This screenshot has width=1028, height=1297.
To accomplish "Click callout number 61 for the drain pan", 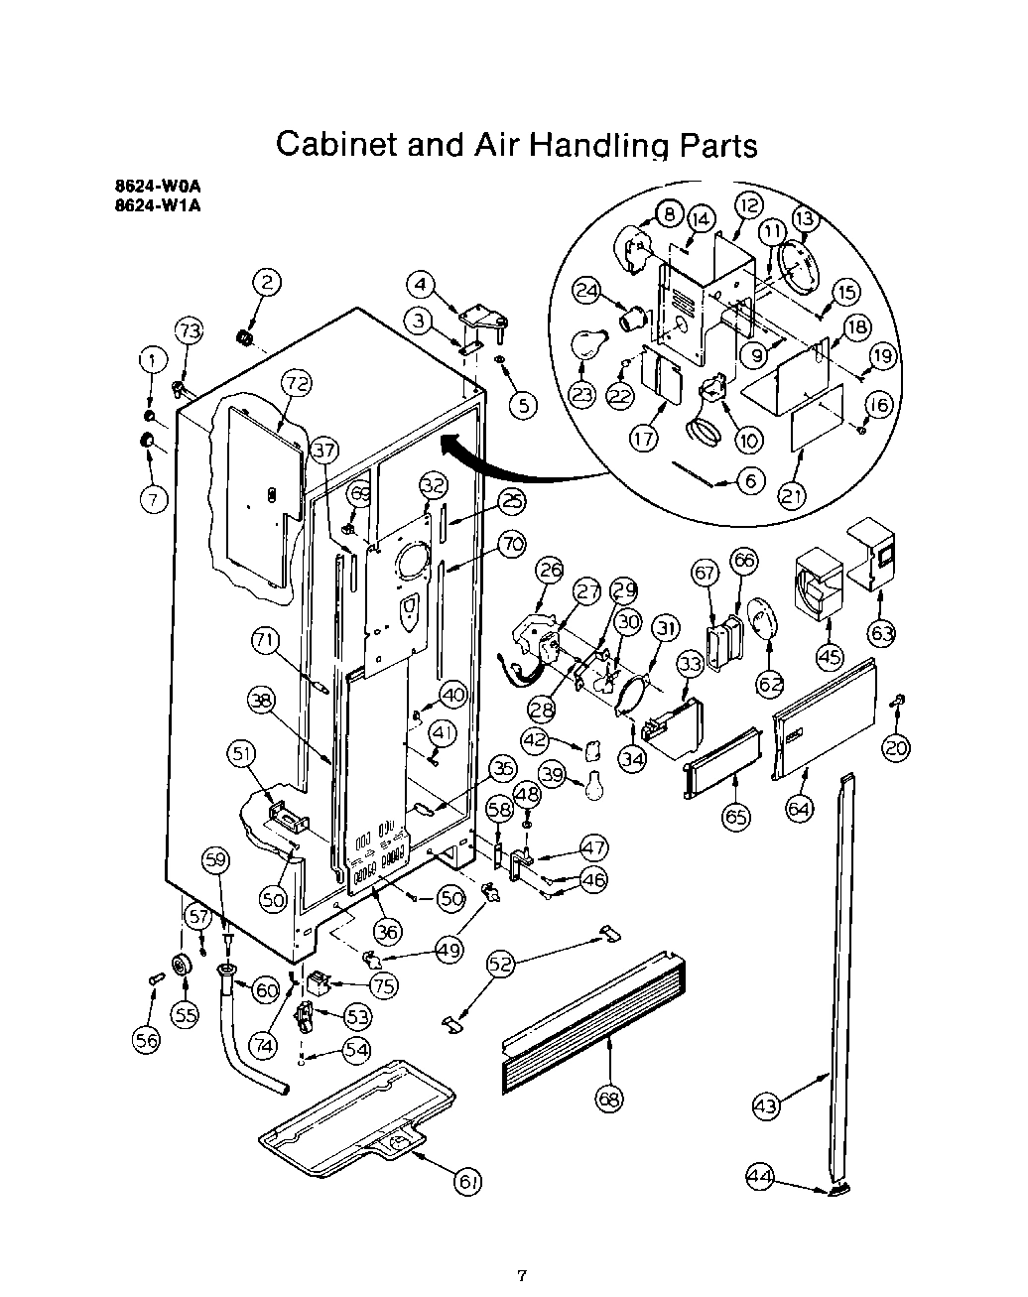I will click(x=467, y=1181).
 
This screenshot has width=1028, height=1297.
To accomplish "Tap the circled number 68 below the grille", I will click(x=609, y=1097).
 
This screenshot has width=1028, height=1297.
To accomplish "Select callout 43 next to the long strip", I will click(x=766, y=1105).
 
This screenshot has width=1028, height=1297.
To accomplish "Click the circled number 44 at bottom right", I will click(x=759, y=1177).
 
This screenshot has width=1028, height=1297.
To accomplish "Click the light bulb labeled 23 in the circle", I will click(x=586, y=346).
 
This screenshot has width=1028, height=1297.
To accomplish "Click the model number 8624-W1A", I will click(x=164, y=207).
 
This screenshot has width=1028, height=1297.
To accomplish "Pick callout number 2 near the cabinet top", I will click(x=266, y=282).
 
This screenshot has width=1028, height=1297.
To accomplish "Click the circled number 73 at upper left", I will click(x=190, y=330).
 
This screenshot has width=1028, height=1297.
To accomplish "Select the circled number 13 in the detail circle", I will click(x=803, y=217).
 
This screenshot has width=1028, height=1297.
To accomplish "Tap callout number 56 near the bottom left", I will click(x=147, y=1038).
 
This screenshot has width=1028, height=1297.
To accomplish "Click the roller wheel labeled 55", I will click(x=181, y=964).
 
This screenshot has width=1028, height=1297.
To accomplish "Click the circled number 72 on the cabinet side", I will click(x=295, y=381).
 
